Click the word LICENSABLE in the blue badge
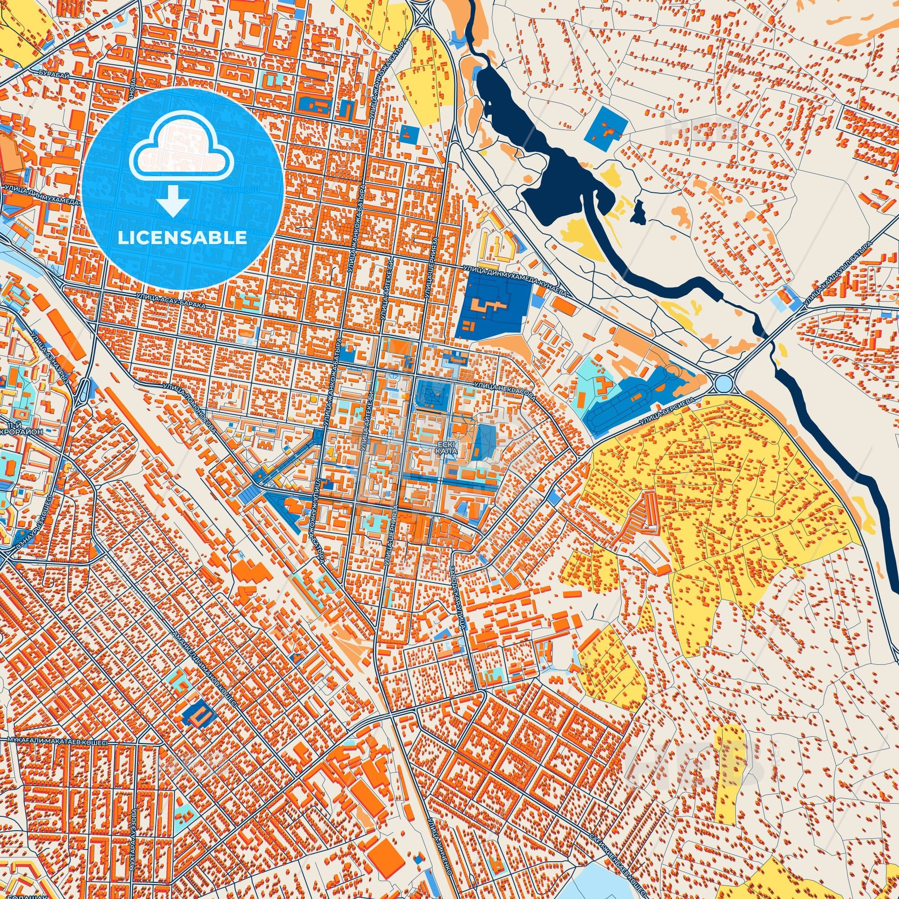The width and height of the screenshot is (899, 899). [x=182, y=238]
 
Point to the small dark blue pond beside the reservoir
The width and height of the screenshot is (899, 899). [x=639, y=212]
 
